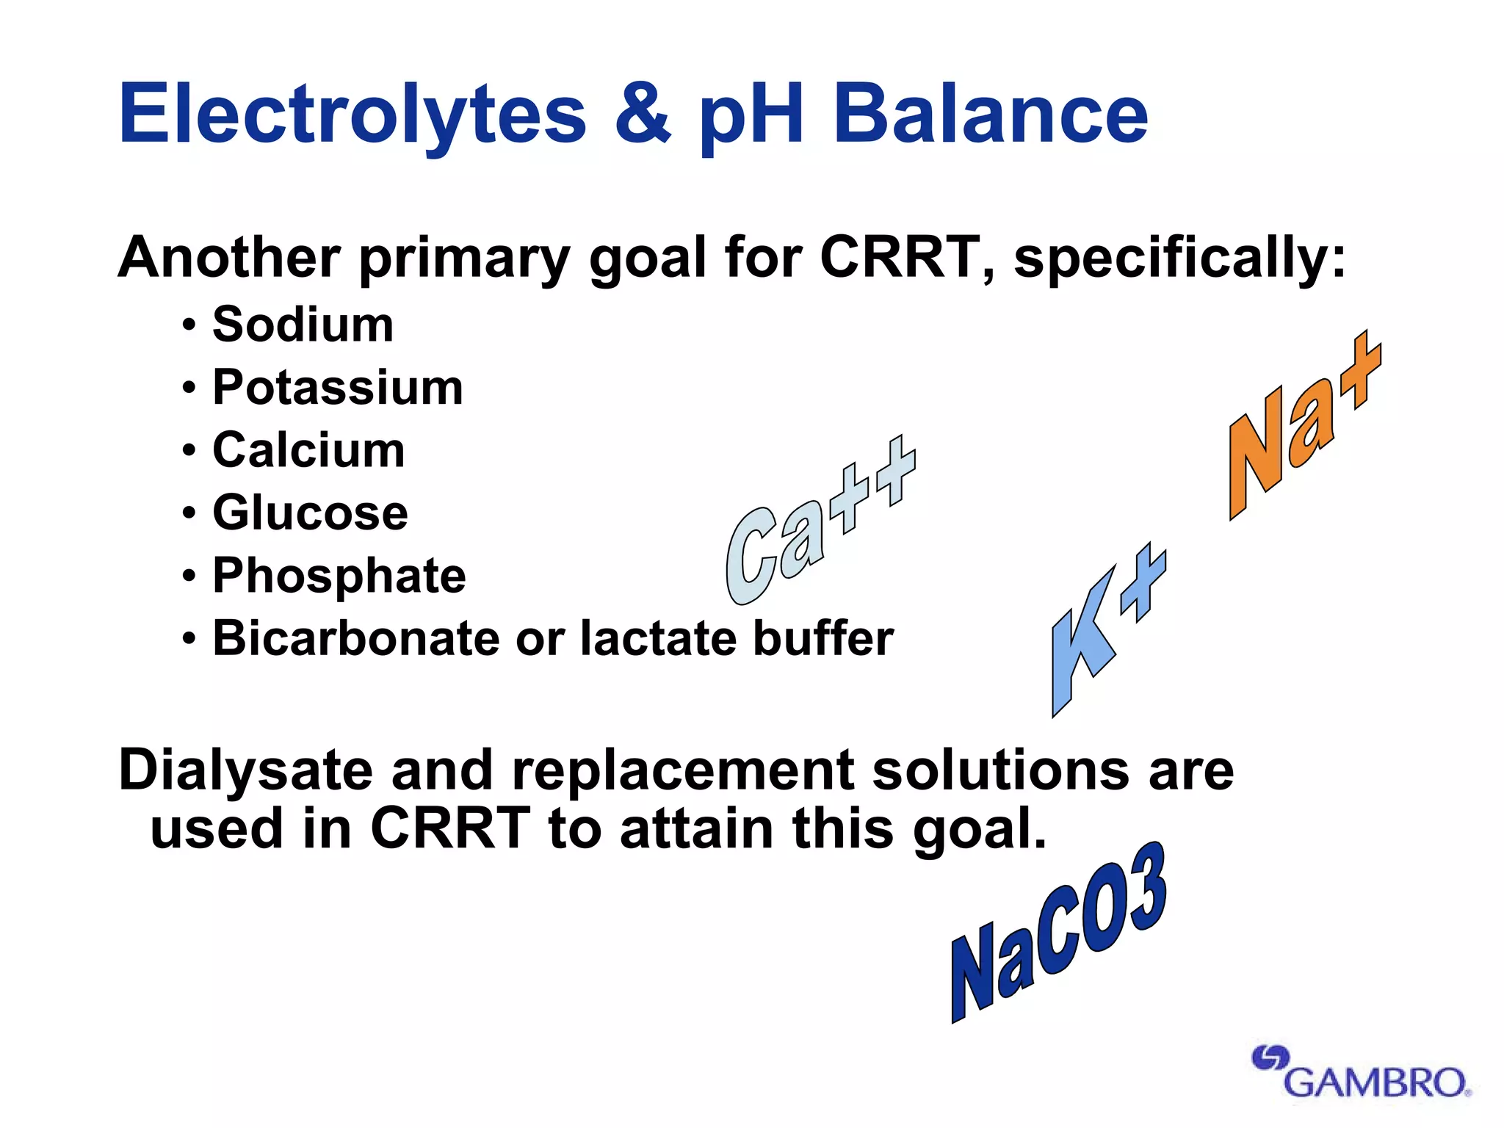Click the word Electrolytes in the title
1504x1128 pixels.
(352, 114)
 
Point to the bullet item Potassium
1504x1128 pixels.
(338, 387)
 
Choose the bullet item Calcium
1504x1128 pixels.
(308, 449)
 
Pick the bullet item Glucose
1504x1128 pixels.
(310, 512)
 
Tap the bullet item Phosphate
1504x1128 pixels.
(339, 575)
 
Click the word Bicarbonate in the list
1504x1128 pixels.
(357, 637)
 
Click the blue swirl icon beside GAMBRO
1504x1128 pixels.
(1269, 1058)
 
